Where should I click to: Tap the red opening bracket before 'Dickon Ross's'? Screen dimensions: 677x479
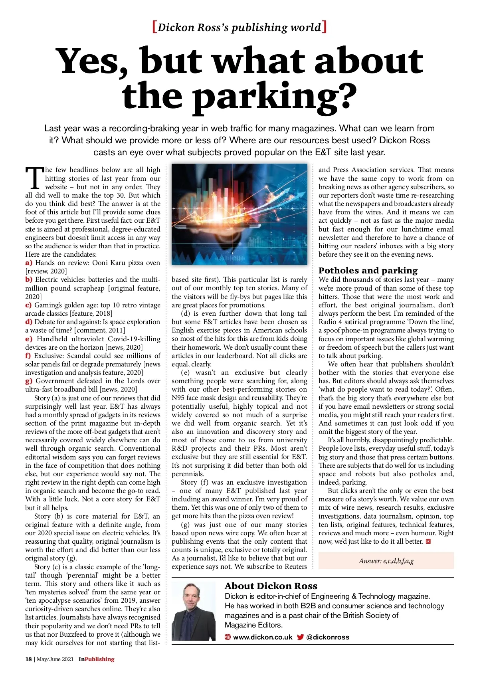click(x=154, y=27)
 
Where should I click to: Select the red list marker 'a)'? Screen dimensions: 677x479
click(x=28, y=263)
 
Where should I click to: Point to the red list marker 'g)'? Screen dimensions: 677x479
click(x=29, y=381)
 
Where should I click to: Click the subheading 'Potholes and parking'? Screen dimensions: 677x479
click(x=368, y=270)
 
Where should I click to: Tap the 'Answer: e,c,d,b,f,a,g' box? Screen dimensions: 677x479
click(x=386, y=561)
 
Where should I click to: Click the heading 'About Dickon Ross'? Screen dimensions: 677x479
click(x=271, y=586)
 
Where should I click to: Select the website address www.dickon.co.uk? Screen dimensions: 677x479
click(x=262, y=637)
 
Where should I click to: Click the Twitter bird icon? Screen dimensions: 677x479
click(x=301, y=637)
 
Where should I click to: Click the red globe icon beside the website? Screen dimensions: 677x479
click(x=228, y=637)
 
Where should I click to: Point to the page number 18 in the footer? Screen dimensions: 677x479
click(x=28, y=659)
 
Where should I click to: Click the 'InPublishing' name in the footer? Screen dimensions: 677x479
click(x=96, y=659)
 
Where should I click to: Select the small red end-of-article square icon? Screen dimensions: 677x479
click(x=428, y=542)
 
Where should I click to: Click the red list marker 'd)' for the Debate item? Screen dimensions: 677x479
click(x=29, y=322)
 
